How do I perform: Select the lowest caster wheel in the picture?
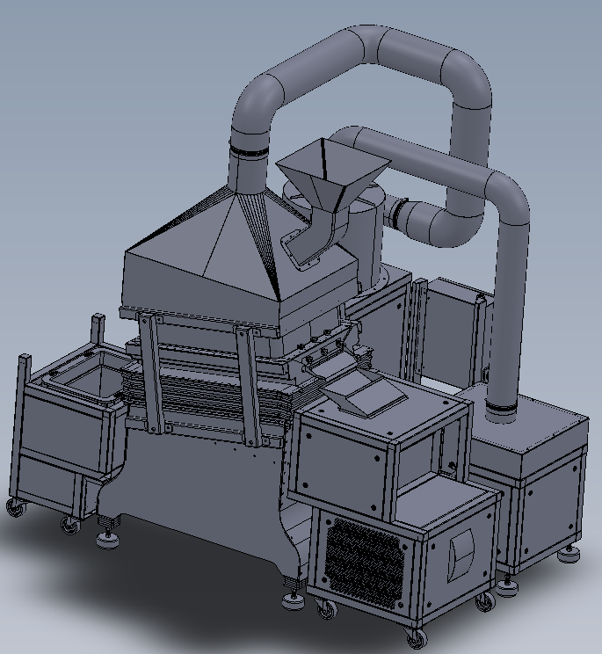click(417, 638)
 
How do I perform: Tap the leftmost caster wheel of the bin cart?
click(15, 507)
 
